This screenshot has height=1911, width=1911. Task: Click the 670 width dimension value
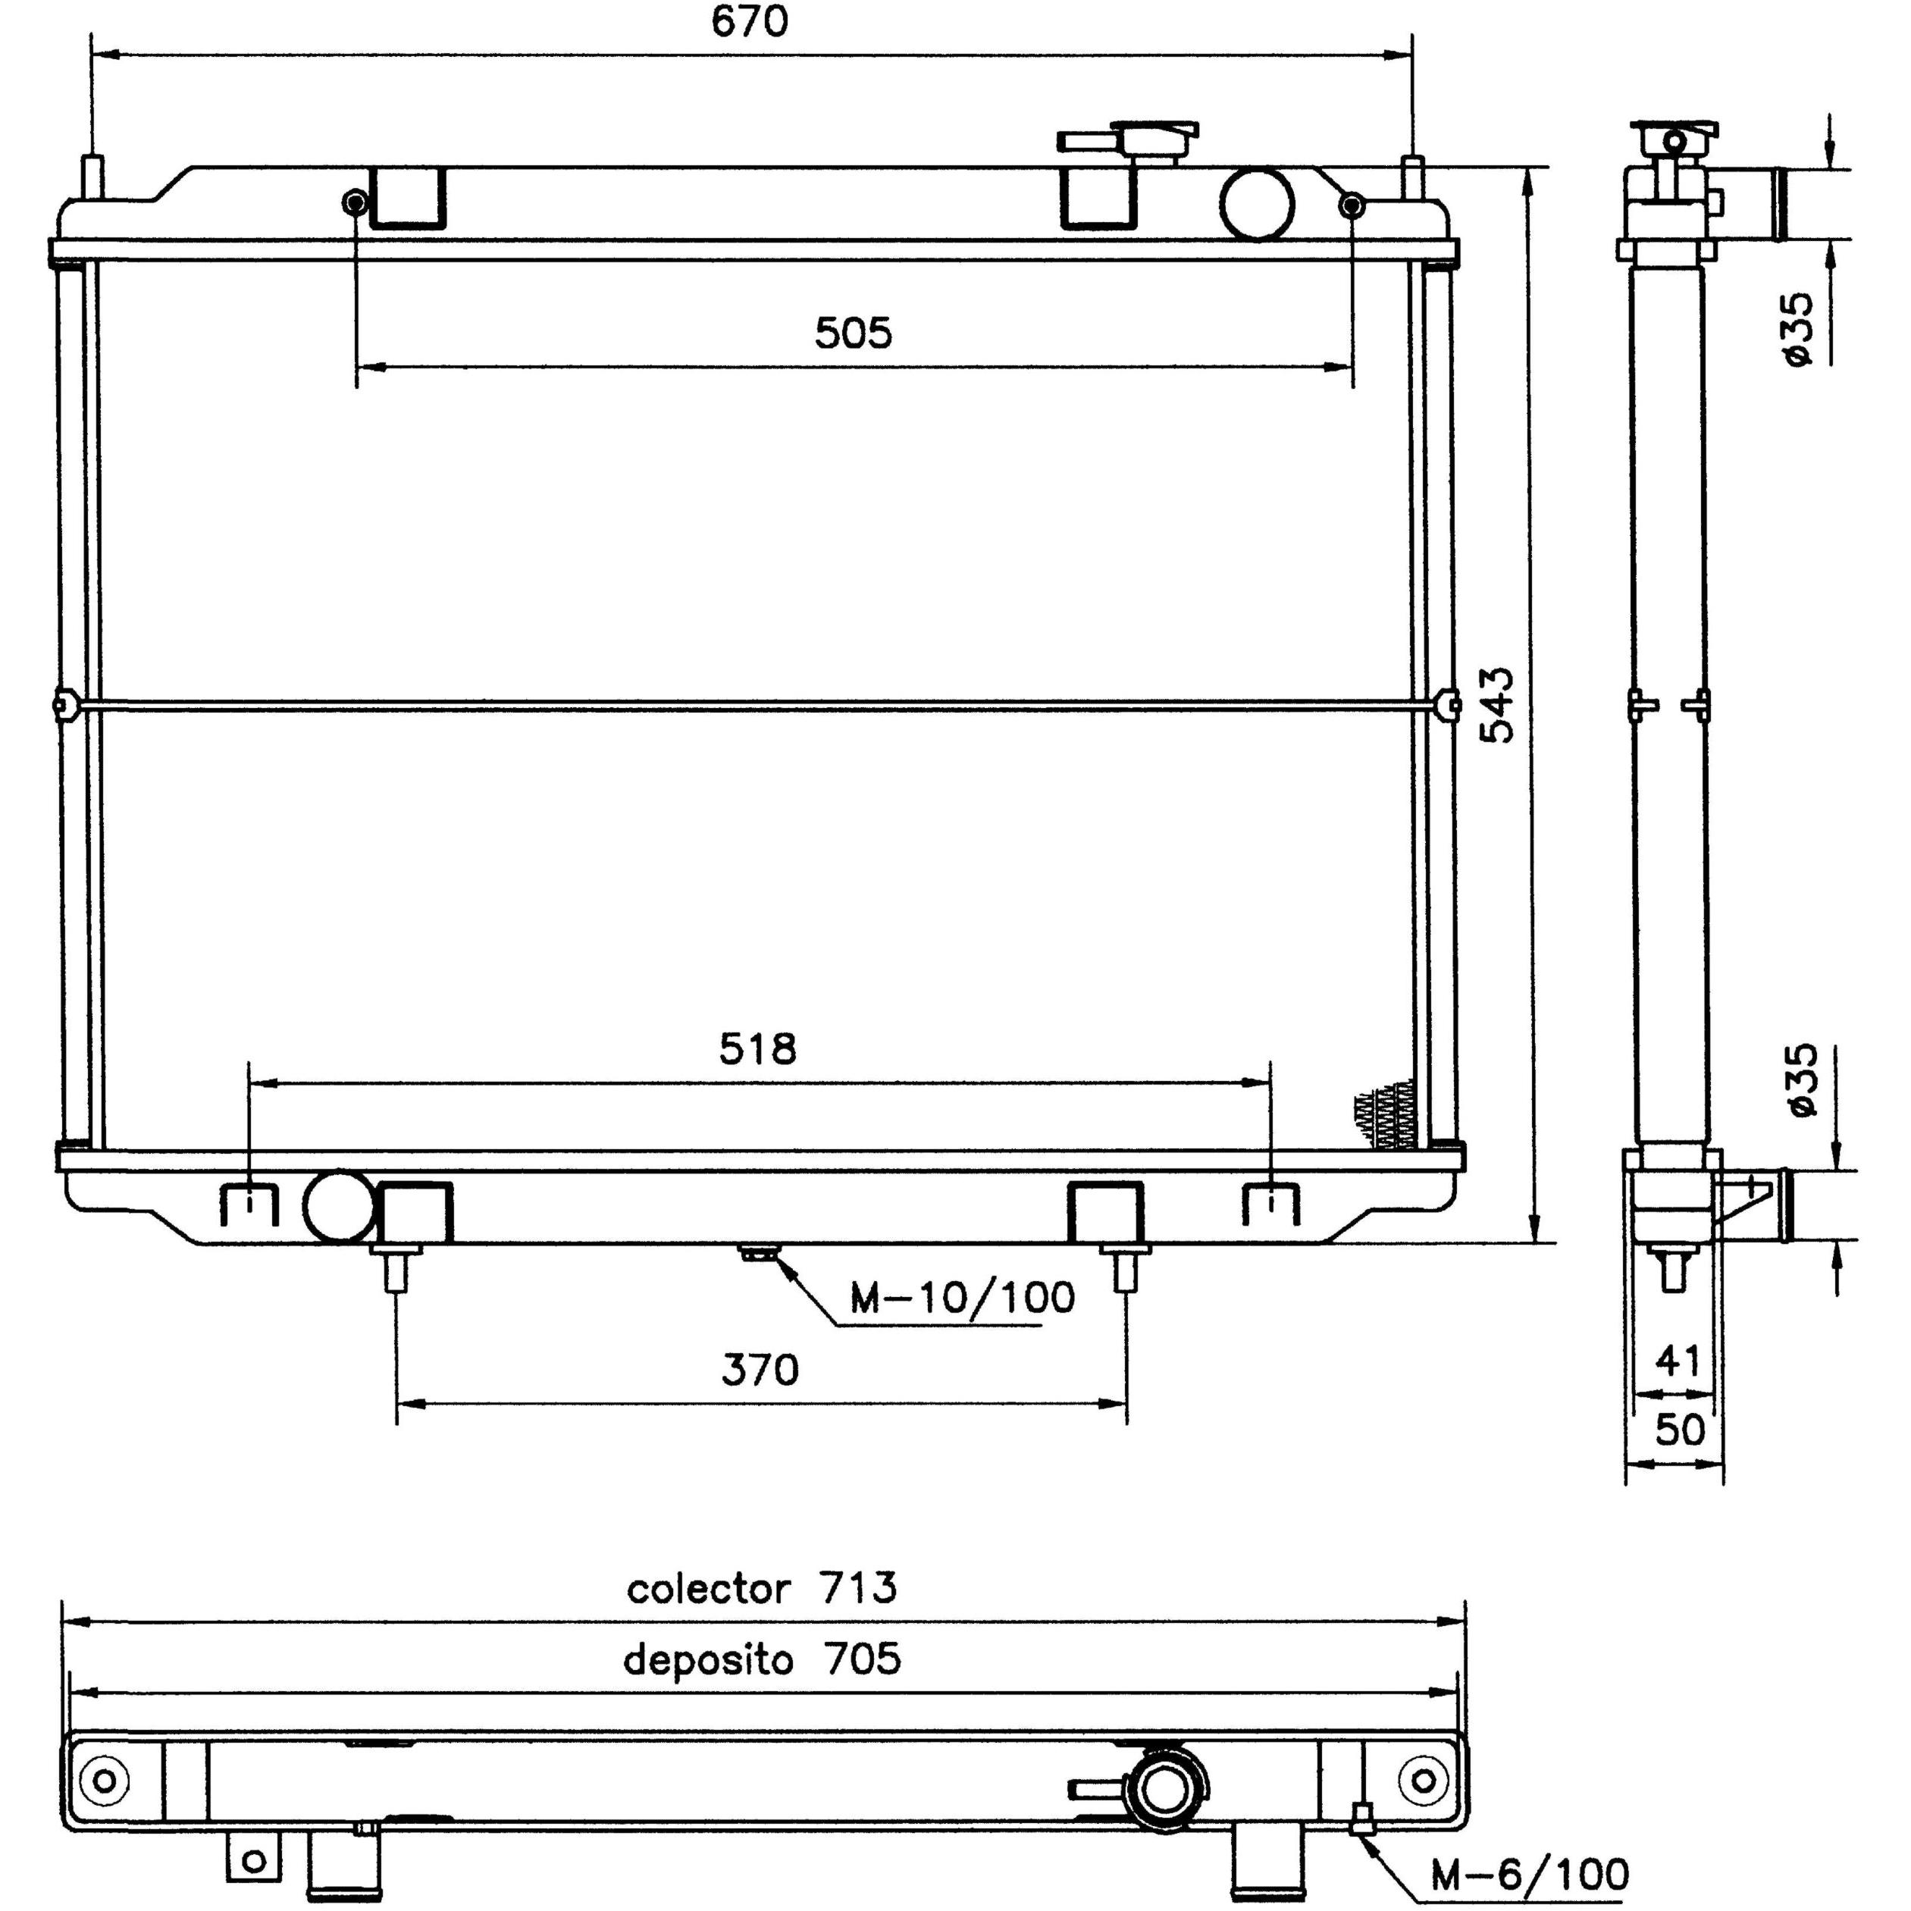(750, 22)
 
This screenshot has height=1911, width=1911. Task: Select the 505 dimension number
(853, 334)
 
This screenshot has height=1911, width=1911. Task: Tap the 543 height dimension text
(1498, 704)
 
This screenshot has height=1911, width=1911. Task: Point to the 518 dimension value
(758, 1049)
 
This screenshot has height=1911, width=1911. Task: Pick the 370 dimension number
(760, 1370)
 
